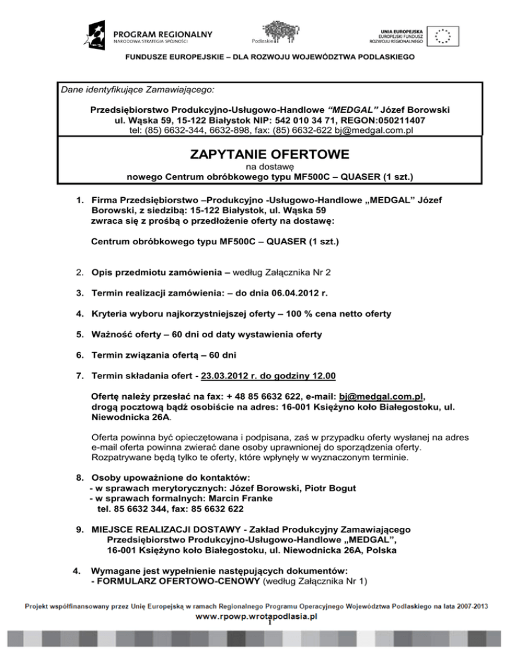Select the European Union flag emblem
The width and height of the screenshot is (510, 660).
(x=442, y=36)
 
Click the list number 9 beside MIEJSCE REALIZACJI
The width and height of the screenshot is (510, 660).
(x=78, y=529)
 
